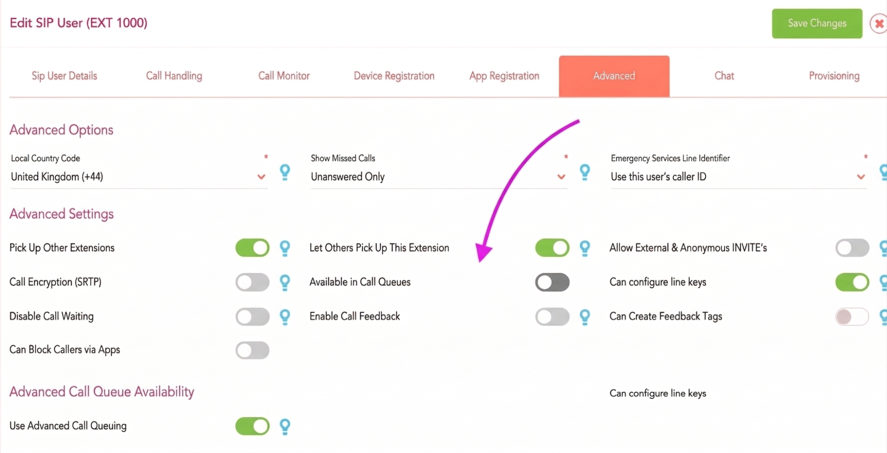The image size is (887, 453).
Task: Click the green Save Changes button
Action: pos(817,24)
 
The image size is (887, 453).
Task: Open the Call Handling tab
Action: pos(174,76)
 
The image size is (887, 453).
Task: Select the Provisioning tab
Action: pos(834,76)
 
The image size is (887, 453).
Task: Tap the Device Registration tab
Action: pos(394,76)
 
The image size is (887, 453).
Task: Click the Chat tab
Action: pos(724,76)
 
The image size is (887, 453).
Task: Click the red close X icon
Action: pos(879,24)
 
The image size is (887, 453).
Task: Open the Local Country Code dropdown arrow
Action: pos(261,177)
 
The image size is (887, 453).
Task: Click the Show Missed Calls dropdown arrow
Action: pos(561,177)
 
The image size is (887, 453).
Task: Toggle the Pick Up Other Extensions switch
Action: pos(252,248)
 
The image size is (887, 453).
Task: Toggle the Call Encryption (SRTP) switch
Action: pos(252,282)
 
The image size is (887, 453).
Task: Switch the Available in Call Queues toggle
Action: pos(552,282)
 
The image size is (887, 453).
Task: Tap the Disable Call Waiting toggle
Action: pos(252,317)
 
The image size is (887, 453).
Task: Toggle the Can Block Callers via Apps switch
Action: pos(252,351)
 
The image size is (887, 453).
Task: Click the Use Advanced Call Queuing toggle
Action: pos(252,426)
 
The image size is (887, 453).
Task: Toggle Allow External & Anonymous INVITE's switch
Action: pos(852,248)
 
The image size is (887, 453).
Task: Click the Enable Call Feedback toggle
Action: pos(552,317)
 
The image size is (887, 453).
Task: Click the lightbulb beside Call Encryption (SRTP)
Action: pos(285,283)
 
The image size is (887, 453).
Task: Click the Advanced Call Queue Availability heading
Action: pos(102,392)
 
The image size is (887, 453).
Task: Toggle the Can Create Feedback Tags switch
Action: pos(852,317)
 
